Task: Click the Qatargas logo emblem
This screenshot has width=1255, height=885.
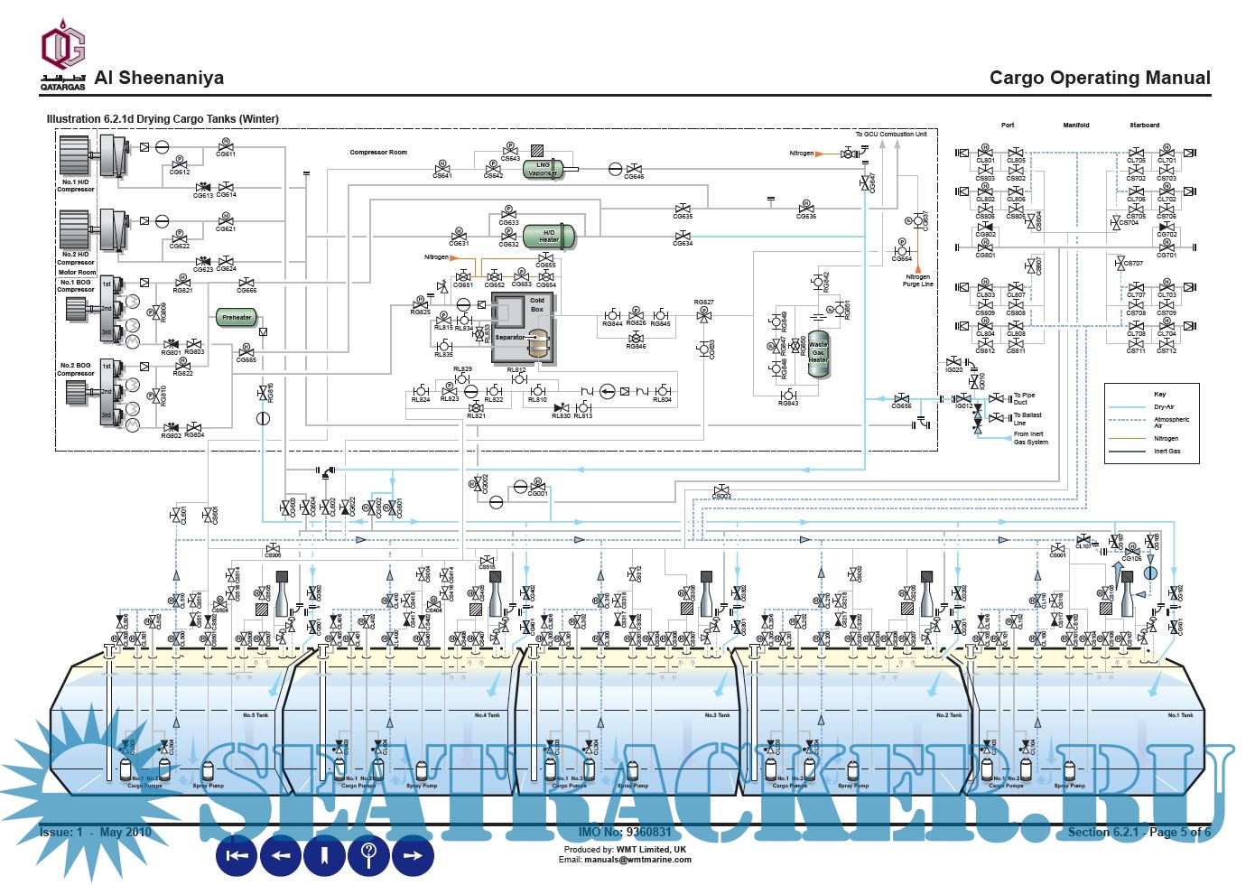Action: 62,50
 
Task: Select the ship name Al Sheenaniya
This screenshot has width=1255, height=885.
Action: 159,78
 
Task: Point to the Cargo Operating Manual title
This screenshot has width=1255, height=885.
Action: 1100,78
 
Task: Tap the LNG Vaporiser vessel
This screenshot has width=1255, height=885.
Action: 544,169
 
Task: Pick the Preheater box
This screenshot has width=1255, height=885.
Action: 237,317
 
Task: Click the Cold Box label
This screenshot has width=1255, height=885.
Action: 537,304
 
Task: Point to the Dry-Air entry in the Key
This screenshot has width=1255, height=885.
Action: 1165,407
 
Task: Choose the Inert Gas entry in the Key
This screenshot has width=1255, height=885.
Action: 1167,451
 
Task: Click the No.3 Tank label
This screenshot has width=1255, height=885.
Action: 717,715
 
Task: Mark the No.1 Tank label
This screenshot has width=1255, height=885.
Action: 1180,715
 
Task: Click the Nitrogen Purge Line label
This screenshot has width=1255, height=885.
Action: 917,281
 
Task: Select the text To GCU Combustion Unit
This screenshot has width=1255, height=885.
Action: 890,135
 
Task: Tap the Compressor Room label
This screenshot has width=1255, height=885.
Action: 378,153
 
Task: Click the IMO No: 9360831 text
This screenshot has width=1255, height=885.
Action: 625,832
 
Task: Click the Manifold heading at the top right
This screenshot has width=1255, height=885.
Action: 1075,126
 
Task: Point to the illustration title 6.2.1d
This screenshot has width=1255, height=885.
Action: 163,119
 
